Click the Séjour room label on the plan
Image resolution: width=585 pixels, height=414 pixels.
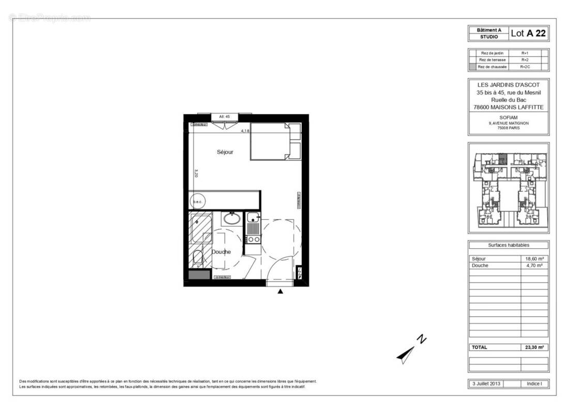tap(225, 152)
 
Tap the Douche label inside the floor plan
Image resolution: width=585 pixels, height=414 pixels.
tap(221, 252)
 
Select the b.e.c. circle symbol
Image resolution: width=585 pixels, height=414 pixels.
tap(197, 201)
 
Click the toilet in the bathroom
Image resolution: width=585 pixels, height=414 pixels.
tap(197, 258)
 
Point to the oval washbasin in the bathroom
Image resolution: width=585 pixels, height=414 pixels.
tap(232, 218)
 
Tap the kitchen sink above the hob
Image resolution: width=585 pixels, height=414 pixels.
tap(252, 218)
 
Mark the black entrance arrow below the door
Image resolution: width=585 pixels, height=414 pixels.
tap(280, 292)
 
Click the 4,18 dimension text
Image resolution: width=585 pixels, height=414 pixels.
tap(245, 131)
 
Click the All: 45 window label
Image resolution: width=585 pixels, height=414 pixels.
tap(224, 117)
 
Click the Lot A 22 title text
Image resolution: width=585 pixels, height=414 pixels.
tap(528, 34)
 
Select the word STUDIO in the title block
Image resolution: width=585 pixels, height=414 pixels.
tap(489, 37)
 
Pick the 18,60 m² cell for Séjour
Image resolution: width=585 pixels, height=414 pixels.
tap(534, 259)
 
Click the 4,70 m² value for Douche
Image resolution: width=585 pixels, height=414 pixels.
tap(534, 265)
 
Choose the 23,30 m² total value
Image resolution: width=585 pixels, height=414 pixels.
tap(534, 347)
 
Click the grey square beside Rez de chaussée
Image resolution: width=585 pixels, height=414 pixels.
tap(472, 67)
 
